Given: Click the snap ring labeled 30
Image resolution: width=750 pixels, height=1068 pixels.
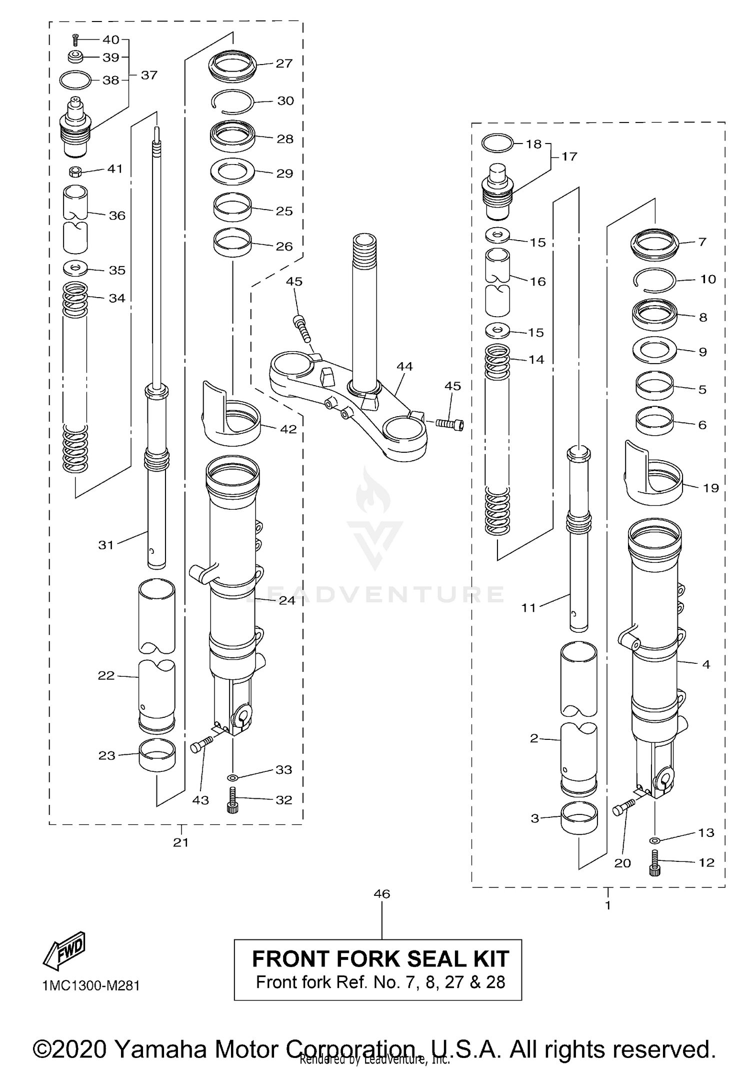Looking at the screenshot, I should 231,102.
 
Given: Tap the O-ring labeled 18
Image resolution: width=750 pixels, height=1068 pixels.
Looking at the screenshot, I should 497,143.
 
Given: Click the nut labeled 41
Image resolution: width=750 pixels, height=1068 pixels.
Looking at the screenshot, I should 75,172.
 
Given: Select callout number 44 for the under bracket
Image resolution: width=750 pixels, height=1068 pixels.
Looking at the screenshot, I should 404,367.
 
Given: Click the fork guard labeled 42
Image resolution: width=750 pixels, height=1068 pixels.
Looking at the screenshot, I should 231,415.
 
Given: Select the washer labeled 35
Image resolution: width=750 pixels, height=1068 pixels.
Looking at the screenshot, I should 75,269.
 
